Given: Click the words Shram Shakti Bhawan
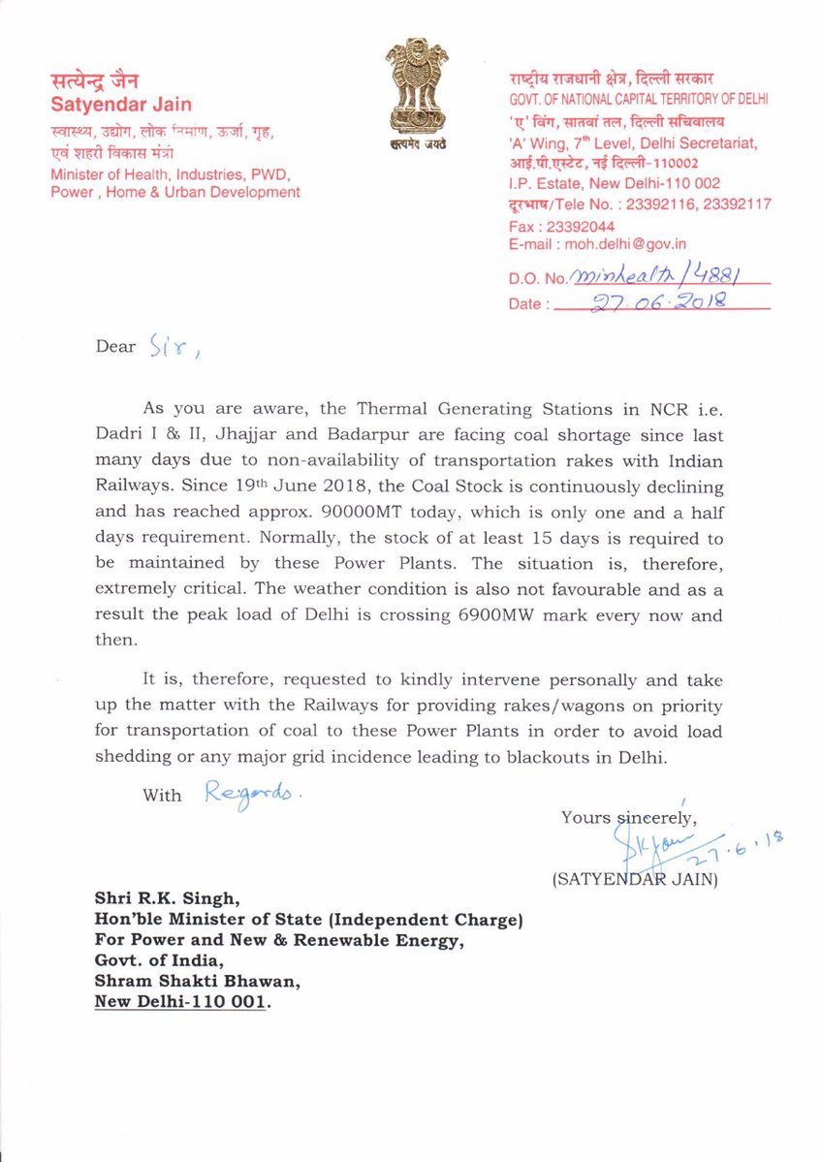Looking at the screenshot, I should pos(198,983).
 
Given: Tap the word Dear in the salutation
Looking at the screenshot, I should pos(115,346).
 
